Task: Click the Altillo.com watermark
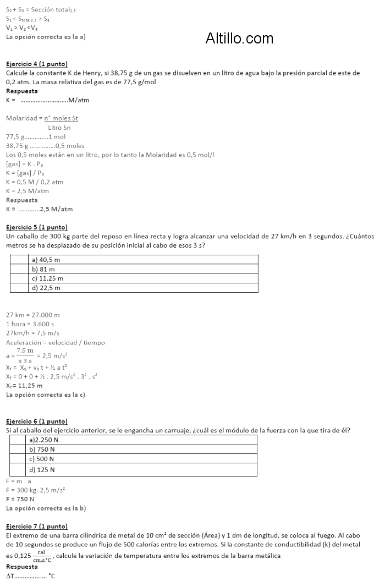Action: coord(239,38)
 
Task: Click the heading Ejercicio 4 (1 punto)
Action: coord(36,64)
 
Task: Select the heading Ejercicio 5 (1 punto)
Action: coord(36,227)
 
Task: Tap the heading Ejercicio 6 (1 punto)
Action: coord(36,421)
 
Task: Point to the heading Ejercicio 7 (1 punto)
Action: coord(36,527)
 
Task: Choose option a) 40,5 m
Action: coord(46,260)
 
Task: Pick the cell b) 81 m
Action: coord(43,269)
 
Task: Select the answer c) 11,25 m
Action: coord(48,278)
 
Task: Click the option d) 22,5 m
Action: coord(46,288)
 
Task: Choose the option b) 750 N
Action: coord(42,450)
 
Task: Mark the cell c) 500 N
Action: coord(42,459)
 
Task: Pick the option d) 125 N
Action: coord(42,470)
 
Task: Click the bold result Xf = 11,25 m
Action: coord(24,386)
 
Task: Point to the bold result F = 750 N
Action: coord(20,499)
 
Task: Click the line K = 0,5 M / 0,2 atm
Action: coord(35,182)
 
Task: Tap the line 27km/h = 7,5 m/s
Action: coord(32,333)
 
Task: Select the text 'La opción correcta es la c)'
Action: coord(45,395)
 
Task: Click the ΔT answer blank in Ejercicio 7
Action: coord(30,576)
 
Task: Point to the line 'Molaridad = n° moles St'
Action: coord(42,118)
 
